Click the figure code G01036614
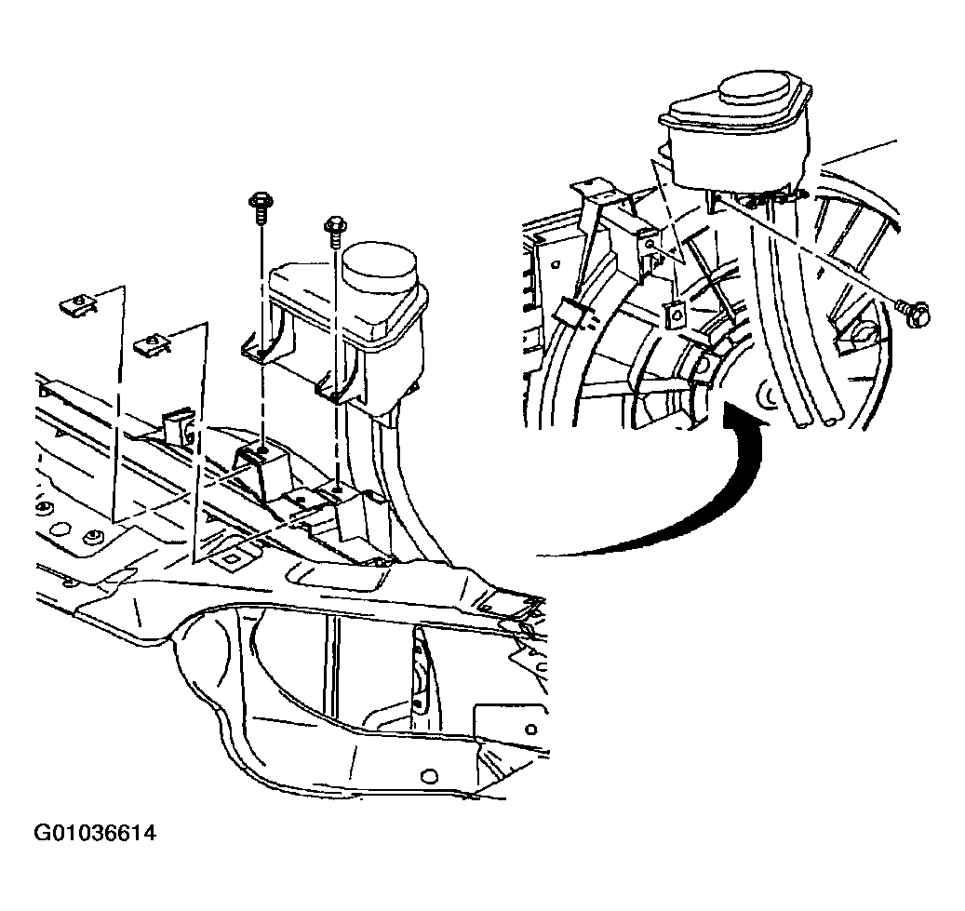[x=95, y=834]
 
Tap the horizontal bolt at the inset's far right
[x=913, y=310]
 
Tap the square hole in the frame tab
[x=233, y=559]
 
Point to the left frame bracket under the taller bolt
[x=262, y=471]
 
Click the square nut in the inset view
[x=676, y=315]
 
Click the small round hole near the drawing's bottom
[x=430, y=775]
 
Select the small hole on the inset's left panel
[x=556, y=264]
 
